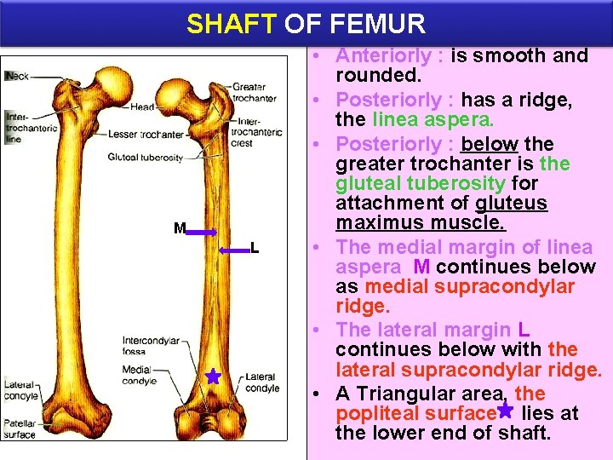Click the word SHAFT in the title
[x=232, y=23]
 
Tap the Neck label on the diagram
[x=18, y=76]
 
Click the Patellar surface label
[x=20, y=428]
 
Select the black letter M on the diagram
[x=179, y=228]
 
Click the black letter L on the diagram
[x=255, y=248]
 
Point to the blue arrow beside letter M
[x=203, y=231]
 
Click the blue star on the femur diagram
[x=213, y=377]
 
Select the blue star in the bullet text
[x=505, y=411]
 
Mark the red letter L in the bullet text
[x=523, y=329]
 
